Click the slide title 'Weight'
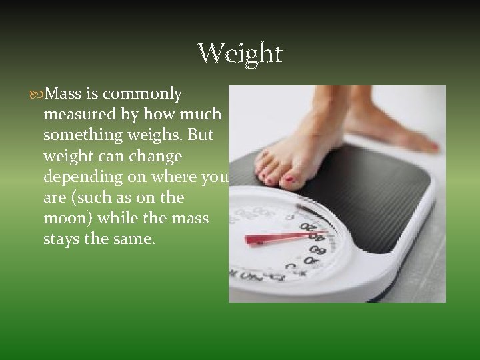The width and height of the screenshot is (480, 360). [x=240, y=53]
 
